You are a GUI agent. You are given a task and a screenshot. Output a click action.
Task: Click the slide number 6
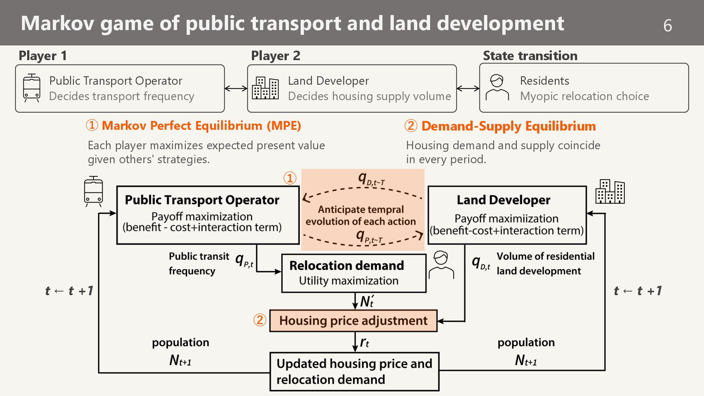coord(667,25)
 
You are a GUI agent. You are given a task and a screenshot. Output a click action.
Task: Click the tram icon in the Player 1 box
coord(32,88)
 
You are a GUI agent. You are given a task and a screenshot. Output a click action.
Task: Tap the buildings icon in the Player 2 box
coord(265,88)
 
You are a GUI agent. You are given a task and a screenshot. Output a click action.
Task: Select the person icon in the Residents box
coord(497,88)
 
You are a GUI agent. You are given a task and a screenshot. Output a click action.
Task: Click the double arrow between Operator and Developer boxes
coord(236,88)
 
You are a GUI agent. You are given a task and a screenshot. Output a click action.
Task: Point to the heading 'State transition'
coord(530,56)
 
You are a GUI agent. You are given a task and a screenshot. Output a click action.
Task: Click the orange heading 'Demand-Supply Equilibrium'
coord(509,126)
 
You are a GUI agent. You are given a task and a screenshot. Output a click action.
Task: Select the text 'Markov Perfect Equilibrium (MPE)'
coord(201,126)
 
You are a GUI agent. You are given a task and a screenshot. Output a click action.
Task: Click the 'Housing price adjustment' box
coord(353,321)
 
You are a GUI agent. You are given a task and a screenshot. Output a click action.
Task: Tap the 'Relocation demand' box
coord(353,273)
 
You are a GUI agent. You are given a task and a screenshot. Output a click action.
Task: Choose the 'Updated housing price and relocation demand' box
coord(354,371)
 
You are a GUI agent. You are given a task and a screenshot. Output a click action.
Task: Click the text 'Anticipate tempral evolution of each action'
coord(361,215)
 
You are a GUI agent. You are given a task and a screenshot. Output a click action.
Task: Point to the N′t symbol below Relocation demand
coord(366,301)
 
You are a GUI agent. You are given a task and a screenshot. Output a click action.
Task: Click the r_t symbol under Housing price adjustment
coord(364,342)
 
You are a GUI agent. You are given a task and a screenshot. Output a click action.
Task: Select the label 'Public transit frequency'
coord(199,264)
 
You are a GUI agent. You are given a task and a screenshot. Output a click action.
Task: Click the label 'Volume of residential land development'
coord(545,264)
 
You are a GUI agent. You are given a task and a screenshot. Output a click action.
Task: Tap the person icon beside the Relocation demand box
coord(441,265)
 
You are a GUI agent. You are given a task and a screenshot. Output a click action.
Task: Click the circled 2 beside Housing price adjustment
coord(260,320)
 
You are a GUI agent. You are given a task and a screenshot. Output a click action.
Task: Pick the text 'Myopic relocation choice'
coord(584,96)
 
